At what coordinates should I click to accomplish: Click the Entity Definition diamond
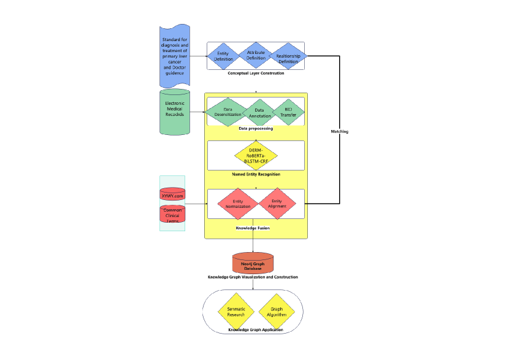(x=223, y=56)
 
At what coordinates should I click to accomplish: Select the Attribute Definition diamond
(x=256, y=55)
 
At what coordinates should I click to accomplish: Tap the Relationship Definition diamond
(x=288, y=57)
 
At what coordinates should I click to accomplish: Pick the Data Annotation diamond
(x=259, y=113)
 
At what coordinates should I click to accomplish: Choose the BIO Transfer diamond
(x=288, y=112)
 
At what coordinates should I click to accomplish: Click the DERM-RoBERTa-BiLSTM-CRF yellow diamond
(x=256, y=155)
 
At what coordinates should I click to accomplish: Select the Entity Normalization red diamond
(x=238, y=204)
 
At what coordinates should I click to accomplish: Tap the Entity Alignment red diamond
(x=277, y=204)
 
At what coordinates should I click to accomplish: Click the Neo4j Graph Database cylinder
(x=253, y=263)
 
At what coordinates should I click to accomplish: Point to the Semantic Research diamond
(x=236, y=312)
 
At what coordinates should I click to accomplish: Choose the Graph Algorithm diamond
(x=276, y=312)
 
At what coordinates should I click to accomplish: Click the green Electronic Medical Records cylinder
(x=175, y=112)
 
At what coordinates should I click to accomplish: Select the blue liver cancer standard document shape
(x=175, y=56)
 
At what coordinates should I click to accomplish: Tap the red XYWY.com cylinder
(x=172, y=194)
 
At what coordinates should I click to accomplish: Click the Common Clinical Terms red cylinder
(x=172, y=214)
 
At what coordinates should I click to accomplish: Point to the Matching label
(x=339, y=131)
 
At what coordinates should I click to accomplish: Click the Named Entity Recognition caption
(x=256, y=174)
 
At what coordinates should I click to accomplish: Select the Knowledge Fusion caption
(x=253, y=228)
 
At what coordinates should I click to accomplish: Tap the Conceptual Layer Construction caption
(x=256, y=73)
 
